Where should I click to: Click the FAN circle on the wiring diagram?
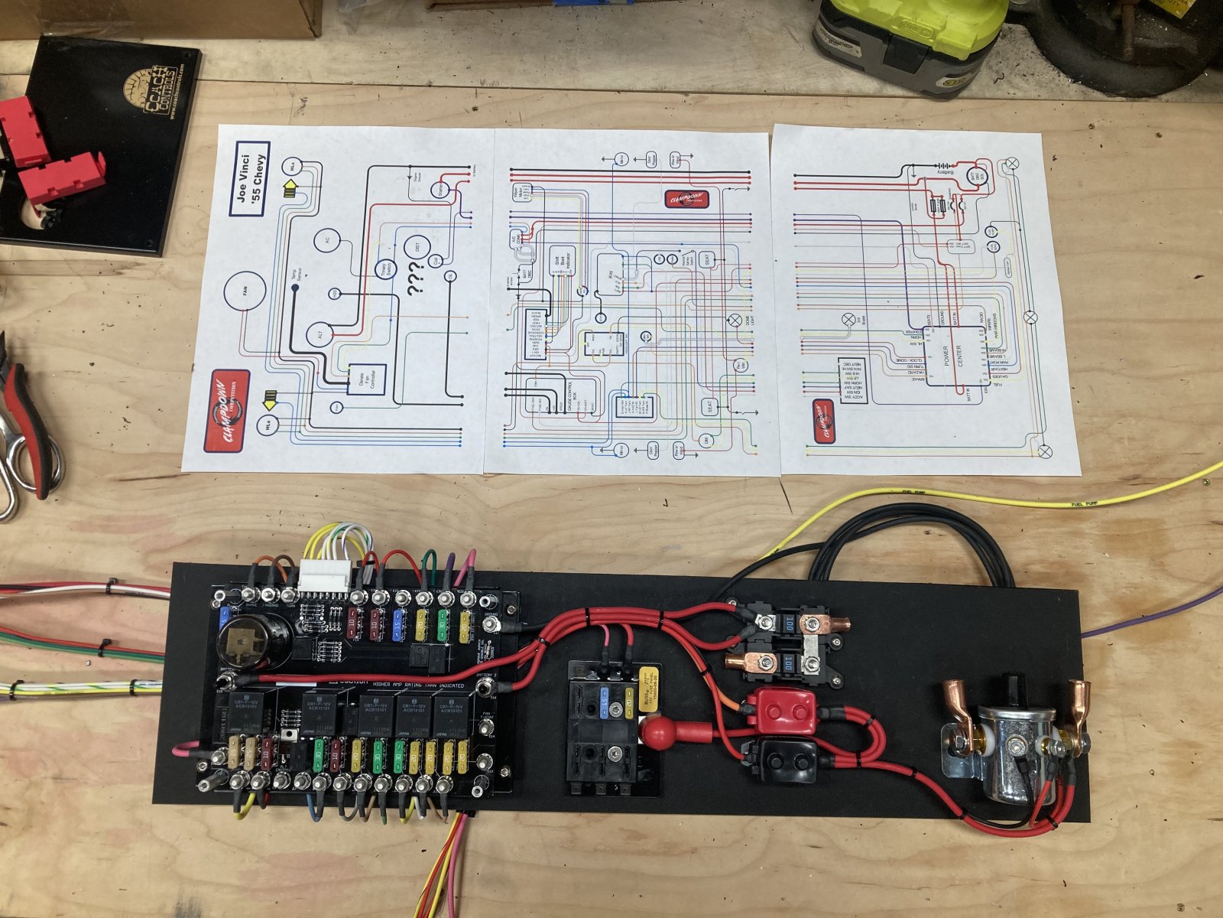pos(245,296)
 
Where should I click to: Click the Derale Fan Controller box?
pos(367,379)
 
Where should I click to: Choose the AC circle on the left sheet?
pos(327,240)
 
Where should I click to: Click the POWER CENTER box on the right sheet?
pos(954,355)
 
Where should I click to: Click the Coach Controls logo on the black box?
pos(157,93)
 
